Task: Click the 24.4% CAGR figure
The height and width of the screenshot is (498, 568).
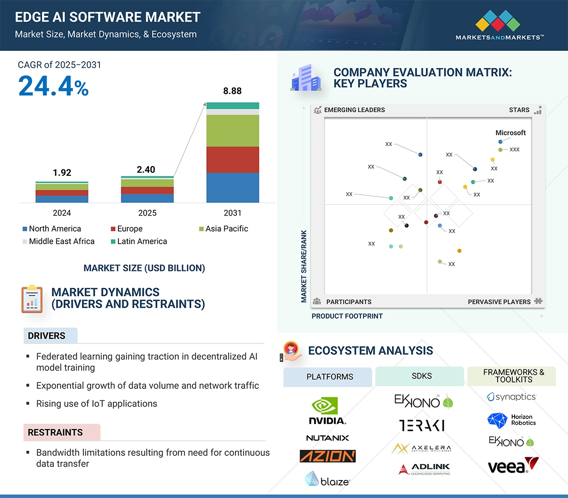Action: (x=53, y=86)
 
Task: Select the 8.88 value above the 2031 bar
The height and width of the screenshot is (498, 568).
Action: (x=233, y=91)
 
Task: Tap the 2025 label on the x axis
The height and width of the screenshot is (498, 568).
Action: (x=147, y=213)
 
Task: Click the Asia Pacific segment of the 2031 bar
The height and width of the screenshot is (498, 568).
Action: (x=233, y=131)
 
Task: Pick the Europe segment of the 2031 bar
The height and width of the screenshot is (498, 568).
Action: (x=233, y=160)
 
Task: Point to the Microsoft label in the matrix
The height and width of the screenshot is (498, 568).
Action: (x=510, y=133)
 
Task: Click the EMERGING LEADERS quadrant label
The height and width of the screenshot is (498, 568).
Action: (x=354, y=110)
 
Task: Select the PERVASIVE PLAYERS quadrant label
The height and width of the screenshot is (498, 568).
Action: (x=499, y=302)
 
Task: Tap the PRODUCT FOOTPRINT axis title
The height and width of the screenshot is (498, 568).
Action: (x=347, y=316)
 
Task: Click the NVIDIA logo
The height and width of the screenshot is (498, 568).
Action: (x=327, y=411)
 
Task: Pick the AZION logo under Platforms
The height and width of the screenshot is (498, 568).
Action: (x=327, y=456)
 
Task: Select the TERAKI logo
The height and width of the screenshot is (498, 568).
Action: (x=421, y=426)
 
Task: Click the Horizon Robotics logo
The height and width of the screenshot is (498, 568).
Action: (x=512, y=420)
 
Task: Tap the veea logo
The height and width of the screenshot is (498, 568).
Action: (x=513, y=466)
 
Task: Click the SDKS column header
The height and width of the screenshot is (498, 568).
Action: (x=421, y=377)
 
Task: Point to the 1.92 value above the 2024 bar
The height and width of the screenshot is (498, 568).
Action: (x=62, y=173)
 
